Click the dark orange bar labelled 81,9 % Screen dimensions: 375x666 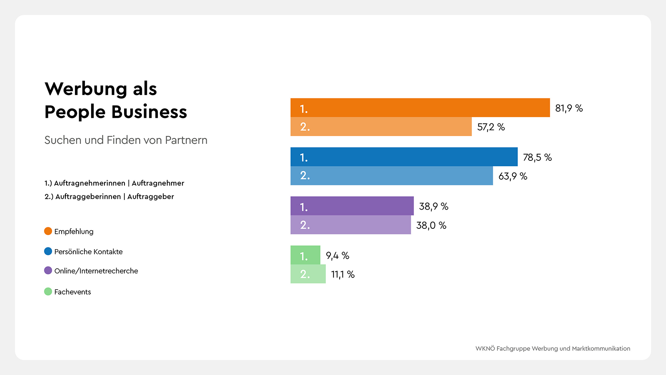coord(420,107)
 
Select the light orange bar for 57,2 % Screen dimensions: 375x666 coord(381,127)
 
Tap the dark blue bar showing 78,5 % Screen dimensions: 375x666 coord(404,157)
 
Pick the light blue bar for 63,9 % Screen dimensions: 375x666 coord(391,176)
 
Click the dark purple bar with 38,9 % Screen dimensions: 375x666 coord(352,206)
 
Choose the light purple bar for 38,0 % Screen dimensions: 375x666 coord(350,225)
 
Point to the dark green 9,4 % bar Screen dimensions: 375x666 coord(305,255)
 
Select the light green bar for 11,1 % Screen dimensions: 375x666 coord(308,274)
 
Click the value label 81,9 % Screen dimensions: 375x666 coord(569,108)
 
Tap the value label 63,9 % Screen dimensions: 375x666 coord(512,176)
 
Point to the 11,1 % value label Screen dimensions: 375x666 coord(343,275)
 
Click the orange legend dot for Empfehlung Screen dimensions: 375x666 coord(48,231)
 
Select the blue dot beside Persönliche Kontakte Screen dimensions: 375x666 coord(48,251)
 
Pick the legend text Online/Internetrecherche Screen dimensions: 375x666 coord(96,271)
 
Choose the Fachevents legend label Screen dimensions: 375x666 coord(72,292)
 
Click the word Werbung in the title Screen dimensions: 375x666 coord(86,89)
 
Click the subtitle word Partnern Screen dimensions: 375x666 coord(186,140)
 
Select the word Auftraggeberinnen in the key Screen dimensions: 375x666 coord(88,197)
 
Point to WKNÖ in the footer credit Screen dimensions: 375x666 coord(485,349)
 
